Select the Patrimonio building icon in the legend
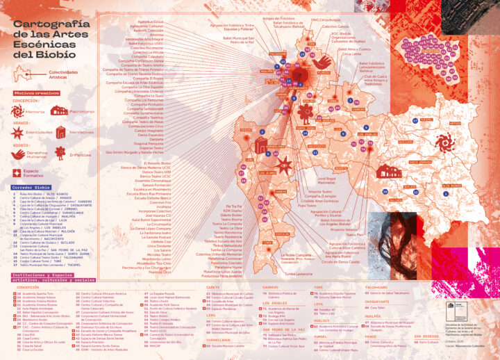(x=58, y=111)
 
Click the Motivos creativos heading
(x=35, y=92)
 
